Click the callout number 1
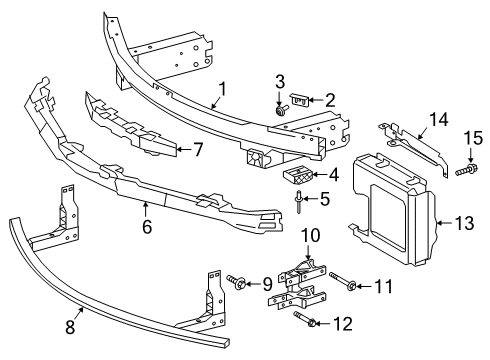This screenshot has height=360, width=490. click(x=223, y=89)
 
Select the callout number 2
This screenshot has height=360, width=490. click(x=330, y=99)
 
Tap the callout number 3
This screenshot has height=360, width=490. click(x=280, y=82)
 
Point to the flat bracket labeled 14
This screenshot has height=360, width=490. click(x=415, y=145)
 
